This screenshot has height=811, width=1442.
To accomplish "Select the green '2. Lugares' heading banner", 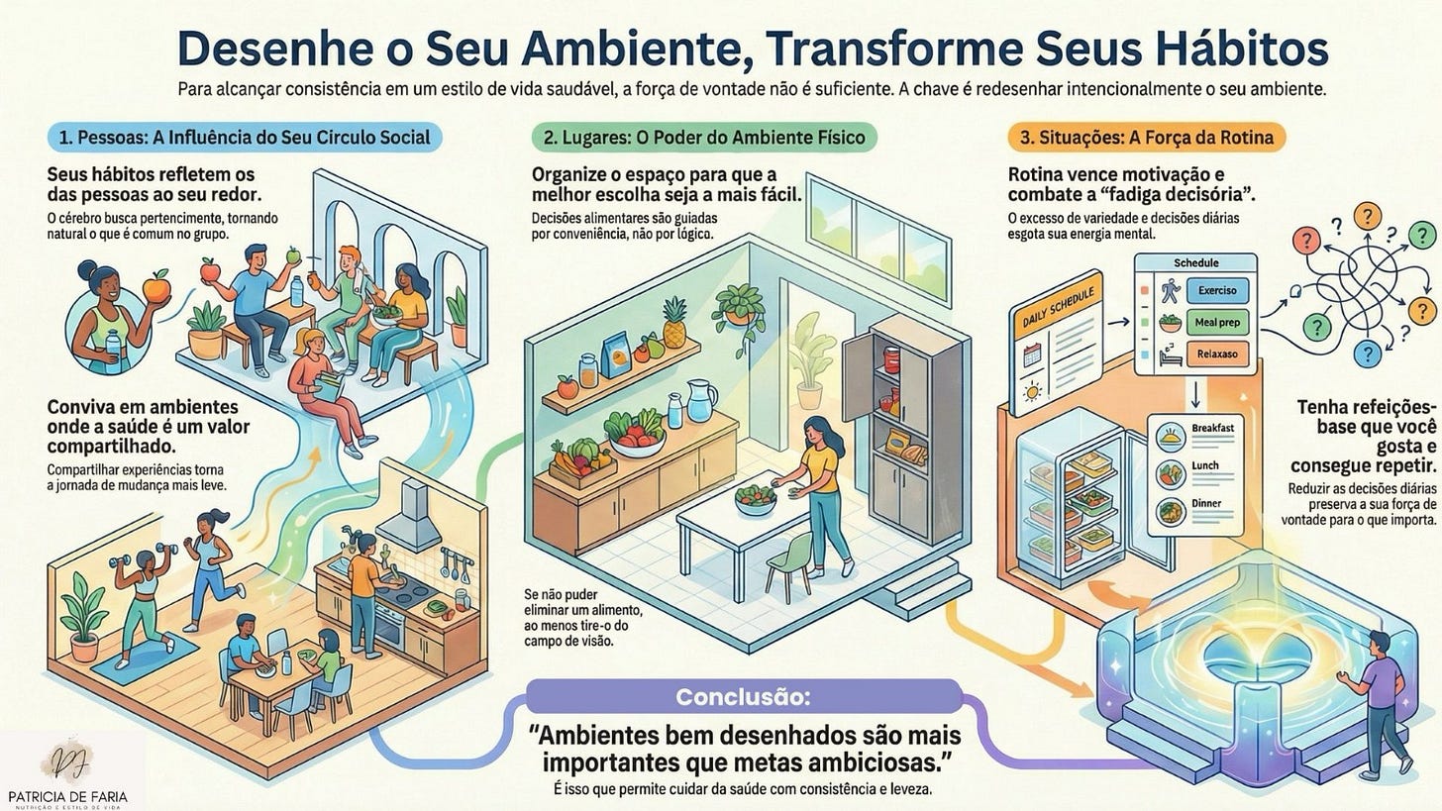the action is pyautogui.click(x=704, y=137).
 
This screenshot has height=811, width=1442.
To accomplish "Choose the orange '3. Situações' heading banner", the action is pyautogui.click(x=1145, y=137).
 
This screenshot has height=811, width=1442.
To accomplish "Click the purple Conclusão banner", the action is pyautogui.click(x=743, y=696).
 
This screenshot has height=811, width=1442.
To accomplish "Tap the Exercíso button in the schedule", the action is pyautogui.click(x=1216, y=291).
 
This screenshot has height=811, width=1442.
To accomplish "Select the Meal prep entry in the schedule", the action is pyautogui.click(x=1216, y=323).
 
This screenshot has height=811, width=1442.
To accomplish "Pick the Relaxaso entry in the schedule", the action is pyautogui.click(x=1216, y=355).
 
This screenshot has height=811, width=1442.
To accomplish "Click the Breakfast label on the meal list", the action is pyautogui.click(x=1212, y=428).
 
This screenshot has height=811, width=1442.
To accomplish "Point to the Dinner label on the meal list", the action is pyautogui.click(x=1206, y=504).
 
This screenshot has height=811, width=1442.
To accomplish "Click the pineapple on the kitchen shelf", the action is pyautogui.click(x=674, y=323).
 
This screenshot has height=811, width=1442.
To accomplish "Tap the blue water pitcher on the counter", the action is pyautogui.click(x=700, y=400).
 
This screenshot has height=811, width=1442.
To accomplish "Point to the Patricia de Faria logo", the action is pyautogui.click(x=67, y=772).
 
